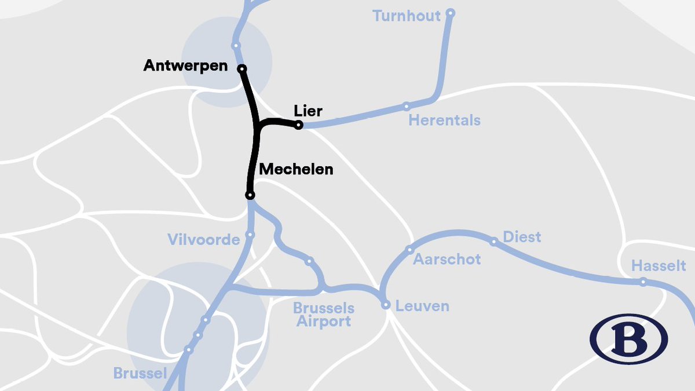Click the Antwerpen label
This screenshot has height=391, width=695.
(x=185, y=66)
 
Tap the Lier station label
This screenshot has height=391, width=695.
(x=308, y=111)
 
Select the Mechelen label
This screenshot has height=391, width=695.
(x=296, y=169)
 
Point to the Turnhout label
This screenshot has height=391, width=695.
(x=407, y=16)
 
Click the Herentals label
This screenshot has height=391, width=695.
(x=444, y=120)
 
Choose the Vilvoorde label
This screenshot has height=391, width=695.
(x=203, y=239)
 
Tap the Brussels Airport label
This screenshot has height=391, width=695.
(x=323, y=315)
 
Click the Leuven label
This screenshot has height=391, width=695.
(x=422, y=306)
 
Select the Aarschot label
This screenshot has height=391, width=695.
(x=447, y=259)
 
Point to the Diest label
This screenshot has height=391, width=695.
(x=522, y=237)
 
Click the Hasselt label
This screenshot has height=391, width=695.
(x=659, y=266)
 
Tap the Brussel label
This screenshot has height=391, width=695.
(x=141, y=373)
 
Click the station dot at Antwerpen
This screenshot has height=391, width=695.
(x=242, y=69)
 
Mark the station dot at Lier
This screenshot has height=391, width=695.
(x=298, y=125)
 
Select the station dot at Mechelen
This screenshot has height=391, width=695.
(x=250, y=195)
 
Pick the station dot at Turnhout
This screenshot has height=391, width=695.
(x=451, y=13)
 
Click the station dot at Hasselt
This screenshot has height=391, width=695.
(x=643, y=282)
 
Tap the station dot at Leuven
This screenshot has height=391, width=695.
(x=386, y=305)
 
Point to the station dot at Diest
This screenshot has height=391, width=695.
(x=494, y=242)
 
